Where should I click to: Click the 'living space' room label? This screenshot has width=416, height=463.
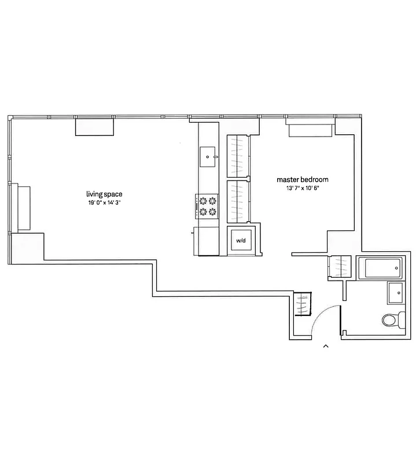click(x=104, y=194)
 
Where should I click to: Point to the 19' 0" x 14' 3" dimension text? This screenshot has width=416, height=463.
click(x=104, y=203)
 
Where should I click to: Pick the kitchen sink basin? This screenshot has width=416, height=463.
click(x=208, y=156)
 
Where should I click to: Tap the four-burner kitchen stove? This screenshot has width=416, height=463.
click(x=208, y=205)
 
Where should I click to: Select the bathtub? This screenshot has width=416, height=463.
click(x=380, y=268)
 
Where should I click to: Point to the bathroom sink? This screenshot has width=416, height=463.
click(x=396, y=293)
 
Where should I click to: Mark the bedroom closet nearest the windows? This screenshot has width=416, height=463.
click(x=238, y=155)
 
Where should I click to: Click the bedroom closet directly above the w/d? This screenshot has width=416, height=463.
click(x=238, y=201)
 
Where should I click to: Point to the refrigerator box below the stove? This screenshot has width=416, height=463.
click(x=207, y=241)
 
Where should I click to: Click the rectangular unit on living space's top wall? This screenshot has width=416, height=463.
click(x=94, y=126)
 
